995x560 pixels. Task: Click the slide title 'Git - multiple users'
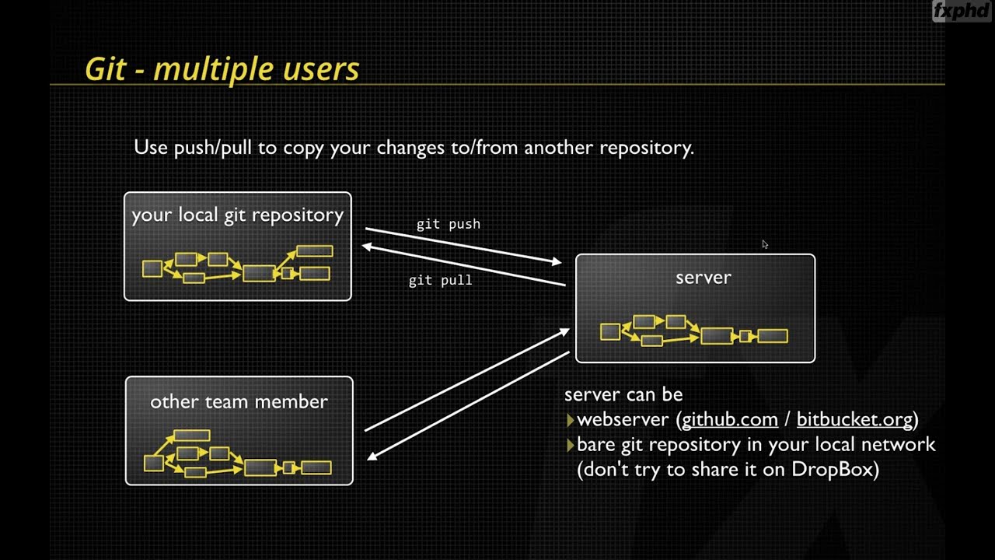pos(222,69)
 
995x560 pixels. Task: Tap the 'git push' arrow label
pos(449,224)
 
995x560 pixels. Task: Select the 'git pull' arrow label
pos(440,280)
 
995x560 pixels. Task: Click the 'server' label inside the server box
pos(703,278)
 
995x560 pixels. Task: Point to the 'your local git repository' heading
pos(237,215)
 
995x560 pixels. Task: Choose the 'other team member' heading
pos(239,402)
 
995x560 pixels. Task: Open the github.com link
pos(729,420)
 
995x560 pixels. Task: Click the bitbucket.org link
pos(854,420)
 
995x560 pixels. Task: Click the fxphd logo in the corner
pos(962,12)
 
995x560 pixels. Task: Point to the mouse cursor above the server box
pos(765,244)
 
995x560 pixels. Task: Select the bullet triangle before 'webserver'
pos(571,421)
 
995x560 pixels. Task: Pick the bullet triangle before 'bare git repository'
pos(571,446)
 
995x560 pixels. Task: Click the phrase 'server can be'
pos(623,394)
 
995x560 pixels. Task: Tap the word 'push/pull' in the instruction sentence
pos(214,148)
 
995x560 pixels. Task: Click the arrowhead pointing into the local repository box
pos(367,247)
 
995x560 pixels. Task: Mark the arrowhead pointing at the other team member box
pos(372,456)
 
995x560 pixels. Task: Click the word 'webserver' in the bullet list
pos(623,420)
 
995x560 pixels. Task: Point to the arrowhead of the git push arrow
pos(557,262)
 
